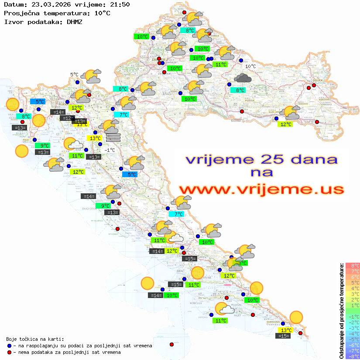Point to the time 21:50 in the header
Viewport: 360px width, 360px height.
tap(120, 4)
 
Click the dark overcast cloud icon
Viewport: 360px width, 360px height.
tap(242, 78)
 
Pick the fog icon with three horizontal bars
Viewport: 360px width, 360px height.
tap(113, 137)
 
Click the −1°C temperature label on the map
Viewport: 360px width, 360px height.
tap(110, 150)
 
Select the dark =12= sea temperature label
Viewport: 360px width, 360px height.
tap(67, 118)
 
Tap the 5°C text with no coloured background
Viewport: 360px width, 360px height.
tap(74, 75)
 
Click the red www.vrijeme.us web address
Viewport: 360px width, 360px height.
tap(261, 189)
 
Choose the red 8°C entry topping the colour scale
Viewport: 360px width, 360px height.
tap(352, 265)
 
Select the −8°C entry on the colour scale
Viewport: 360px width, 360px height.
tap(352, 356)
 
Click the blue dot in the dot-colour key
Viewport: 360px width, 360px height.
tap(9, 346)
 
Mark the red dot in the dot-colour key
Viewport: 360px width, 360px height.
tap(9, 352)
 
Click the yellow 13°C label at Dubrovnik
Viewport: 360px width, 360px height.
tap(286, 330)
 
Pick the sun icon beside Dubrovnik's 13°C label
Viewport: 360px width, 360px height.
tap(296, 317)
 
